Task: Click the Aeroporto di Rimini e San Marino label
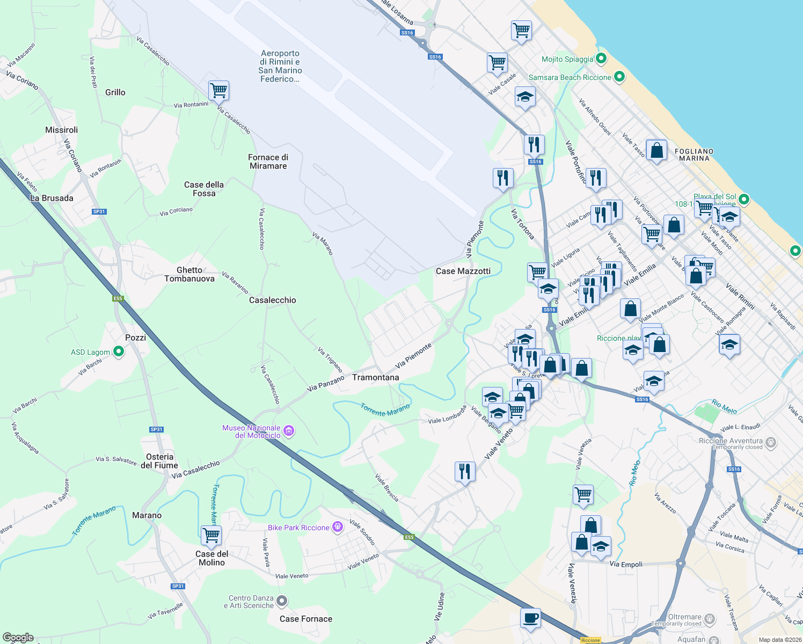pos(280,66)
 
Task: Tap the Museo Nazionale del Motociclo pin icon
pos(289,430)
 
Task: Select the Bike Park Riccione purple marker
pos(338,527)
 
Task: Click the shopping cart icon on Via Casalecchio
pos(218,91)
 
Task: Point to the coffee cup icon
pos(530,618)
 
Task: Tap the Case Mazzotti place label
pos(463,271)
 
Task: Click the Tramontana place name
pos(376,377)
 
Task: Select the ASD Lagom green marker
pos(119,352)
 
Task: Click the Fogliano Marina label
pos(694,155)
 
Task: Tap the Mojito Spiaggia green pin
pos(601,58)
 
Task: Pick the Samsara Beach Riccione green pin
pos(619,77)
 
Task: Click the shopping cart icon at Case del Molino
pos(211,535)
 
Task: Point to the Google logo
pos(18,638)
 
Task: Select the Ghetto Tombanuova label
pos(189,274)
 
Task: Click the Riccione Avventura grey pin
pos(771,443)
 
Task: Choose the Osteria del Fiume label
pos(159,461)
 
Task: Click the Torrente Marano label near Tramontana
pos(385,410)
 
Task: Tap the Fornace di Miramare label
pos(268,162)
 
